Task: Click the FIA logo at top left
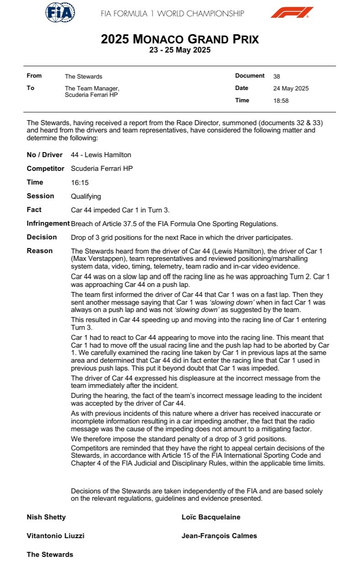(x=60, y=12)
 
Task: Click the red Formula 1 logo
(x=291, y=12)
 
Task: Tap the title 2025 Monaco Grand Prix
(x=180, y=39)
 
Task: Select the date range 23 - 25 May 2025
(x=180, y=50)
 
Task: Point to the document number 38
(x=276, y=76)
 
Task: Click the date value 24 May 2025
(x=291, y=89)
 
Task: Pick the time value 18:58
(x=281, y=101)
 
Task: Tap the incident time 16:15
(x=79, y=182)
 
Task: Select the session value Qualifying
(x=86, y=196)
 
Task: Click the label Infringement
(x=48, y=223)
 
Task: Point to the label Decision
(x=42, y=237)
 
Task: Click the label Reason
(x=40, y=251)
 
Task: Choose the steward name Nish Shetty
(x=46, y=517)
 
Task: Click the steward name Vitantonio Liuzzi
(x=56, y=536)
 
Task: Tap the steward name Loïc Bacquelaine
(x=211, y=517)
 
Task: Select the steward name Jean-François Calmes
(x=219, y=536)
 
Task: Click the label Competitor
(x=46, y=169)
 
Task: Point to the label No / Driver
(x=45, y=155)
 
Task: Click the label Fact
(x=34, y=210)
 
